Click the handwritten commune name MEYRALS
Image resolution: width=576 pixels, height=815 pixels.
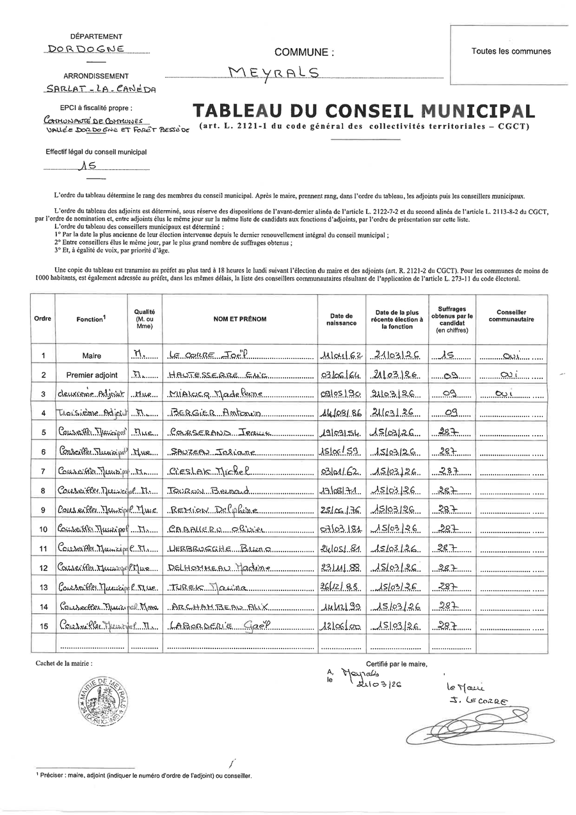[x=273, y=74]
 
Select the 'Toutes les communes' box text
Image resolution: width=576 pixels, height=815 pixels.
[x=511, y=51]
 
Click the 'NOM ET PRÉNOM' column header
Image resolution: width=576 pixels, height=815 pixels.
[x=240, y=319]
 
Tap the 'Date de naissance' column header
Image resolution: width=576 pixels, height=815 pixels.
[x=341, y=319]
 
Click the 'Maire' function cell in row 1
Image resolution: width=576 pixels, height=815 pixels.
[x=92, y=356]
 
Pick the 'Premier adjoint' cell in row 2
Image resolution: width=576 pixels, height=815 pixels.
[x=92, y=375]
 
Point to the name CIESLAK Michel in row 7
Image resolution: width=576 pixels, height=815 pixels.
[x=209, y=472]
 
